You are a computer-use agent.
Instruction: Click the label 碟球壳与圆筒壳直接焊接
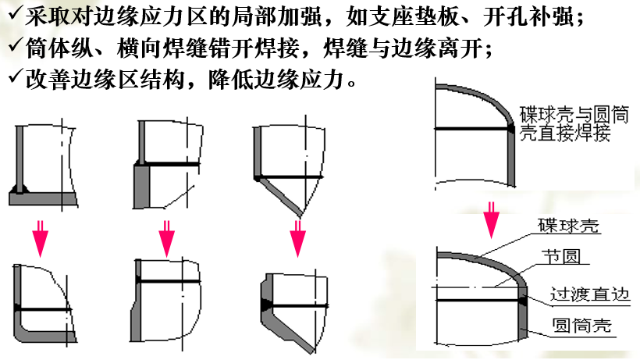pos(574,123)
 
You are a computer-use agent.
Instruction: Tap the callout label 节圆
pos(561,257)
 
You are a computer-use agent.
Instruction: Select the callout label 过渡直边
pos(590,294)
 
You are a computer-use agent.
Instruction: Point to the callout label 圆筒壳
pos(582,326)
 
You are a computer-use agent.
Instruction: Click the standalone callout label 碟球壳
pos(568,226)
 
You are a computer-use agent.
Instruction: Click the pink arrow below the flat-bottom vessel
pos(40,239)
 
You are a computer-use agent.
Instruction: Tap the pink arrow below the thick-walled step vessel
pos(166,239)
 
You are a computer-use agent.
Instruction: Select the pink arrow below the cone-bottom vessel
pos(297,239)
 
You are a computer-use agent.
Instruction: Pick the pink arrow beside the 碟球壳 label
pos(491,219)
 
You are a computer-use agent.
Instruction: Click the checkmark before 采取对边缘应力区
pos(15,15)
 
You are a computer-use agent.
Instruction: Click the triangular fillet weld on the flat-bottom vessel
pos(20,188)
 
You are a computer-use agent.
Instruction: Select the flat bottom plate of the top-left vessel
pos(43,199)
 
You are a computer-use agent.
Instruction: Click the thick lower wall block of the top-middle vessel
pos(141,186)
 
